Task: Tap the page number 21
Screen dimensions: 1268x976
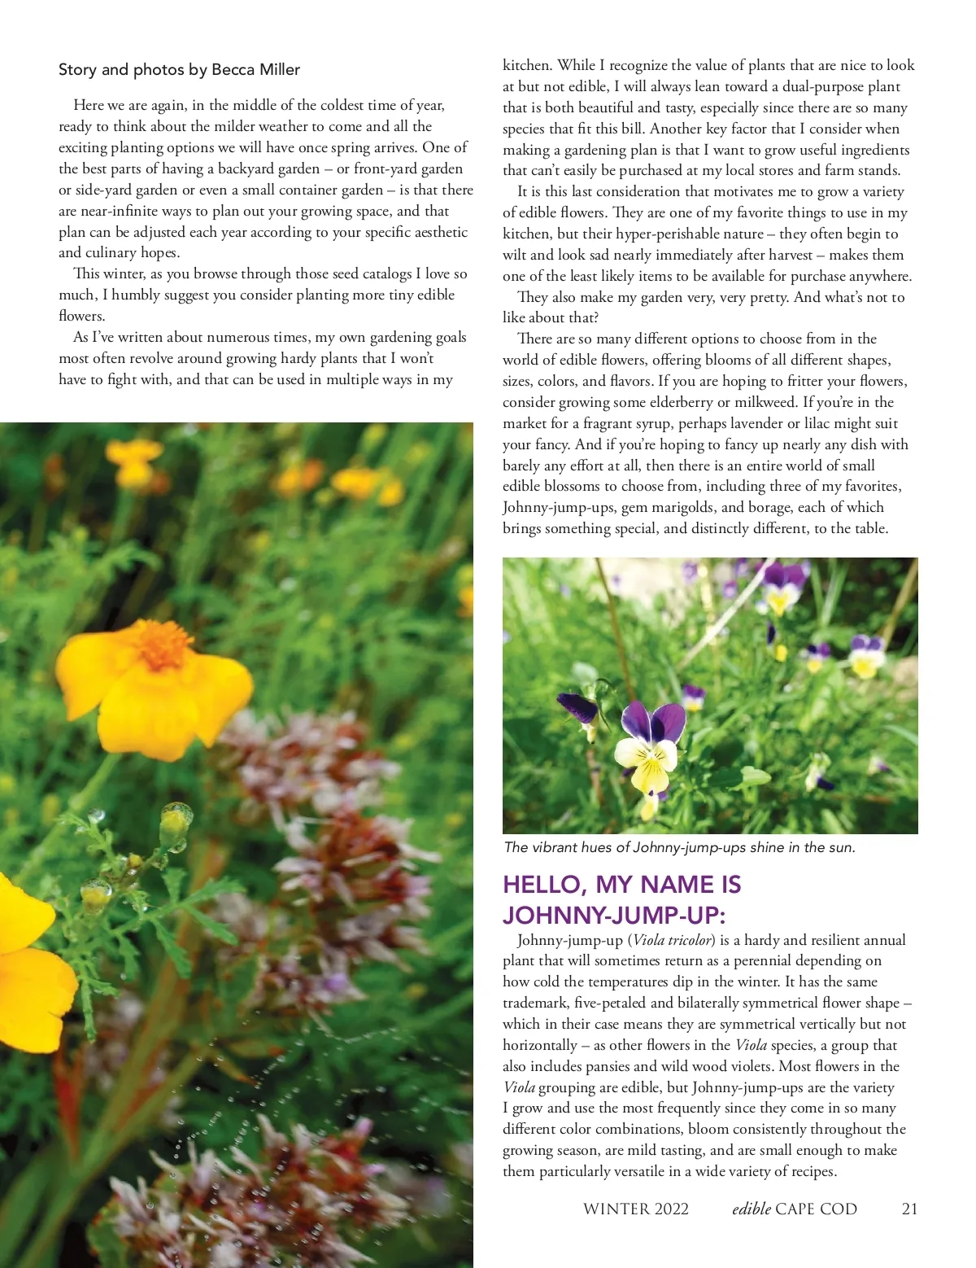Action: [909, 1209]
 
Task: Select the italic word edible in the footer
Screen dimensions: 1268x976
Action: [752, 1209]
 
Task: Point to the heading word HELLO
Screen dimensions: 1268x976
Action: [543, 885]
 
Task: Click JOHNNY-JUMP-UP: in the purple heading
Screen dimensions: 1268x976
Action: [613, 915]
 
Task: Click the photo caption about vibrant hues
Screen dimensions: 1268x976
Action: [679, 847]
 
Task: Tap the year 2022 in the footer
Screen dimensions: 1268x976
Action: [669, 1209]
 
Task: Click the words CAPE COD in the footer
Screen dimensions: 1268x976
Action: [817, 1209]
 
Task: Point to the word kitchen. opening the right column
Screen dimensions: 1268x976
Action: [528, 65]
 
